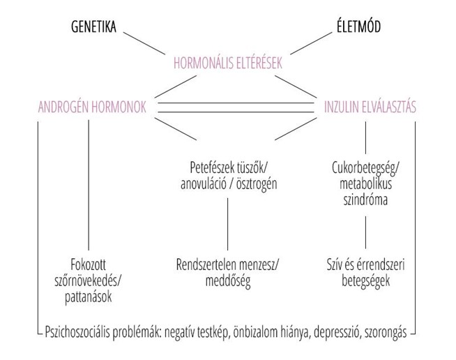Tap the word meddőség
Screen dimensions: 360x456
(227, 281)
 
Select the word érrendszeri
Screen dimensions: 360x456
(383, 267)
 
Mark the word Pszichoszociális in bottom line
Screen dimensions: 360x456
(84, 330)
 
